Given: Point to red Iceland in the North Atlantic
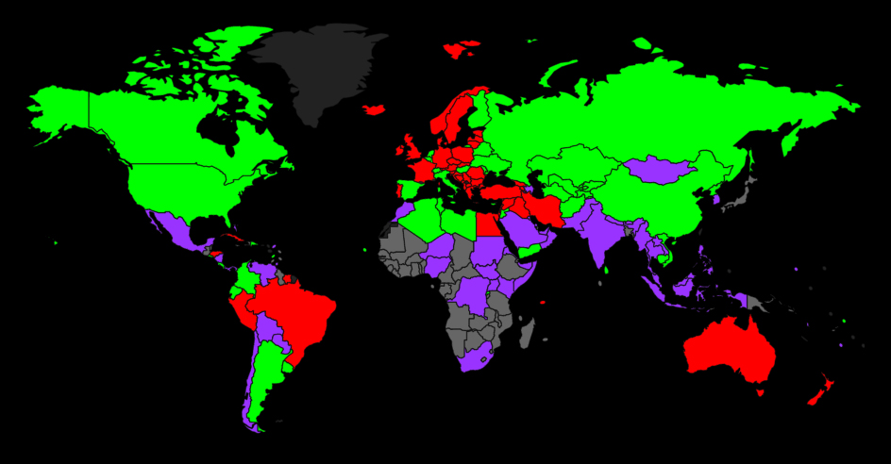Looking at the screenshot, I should (375, 110).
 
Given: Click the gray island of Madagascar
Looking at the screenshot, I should (528, 333).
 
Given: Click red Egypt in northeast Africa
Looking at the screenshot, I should (487, 223).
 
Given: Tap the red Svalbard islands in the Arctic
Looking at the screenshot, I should (461, 47).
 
